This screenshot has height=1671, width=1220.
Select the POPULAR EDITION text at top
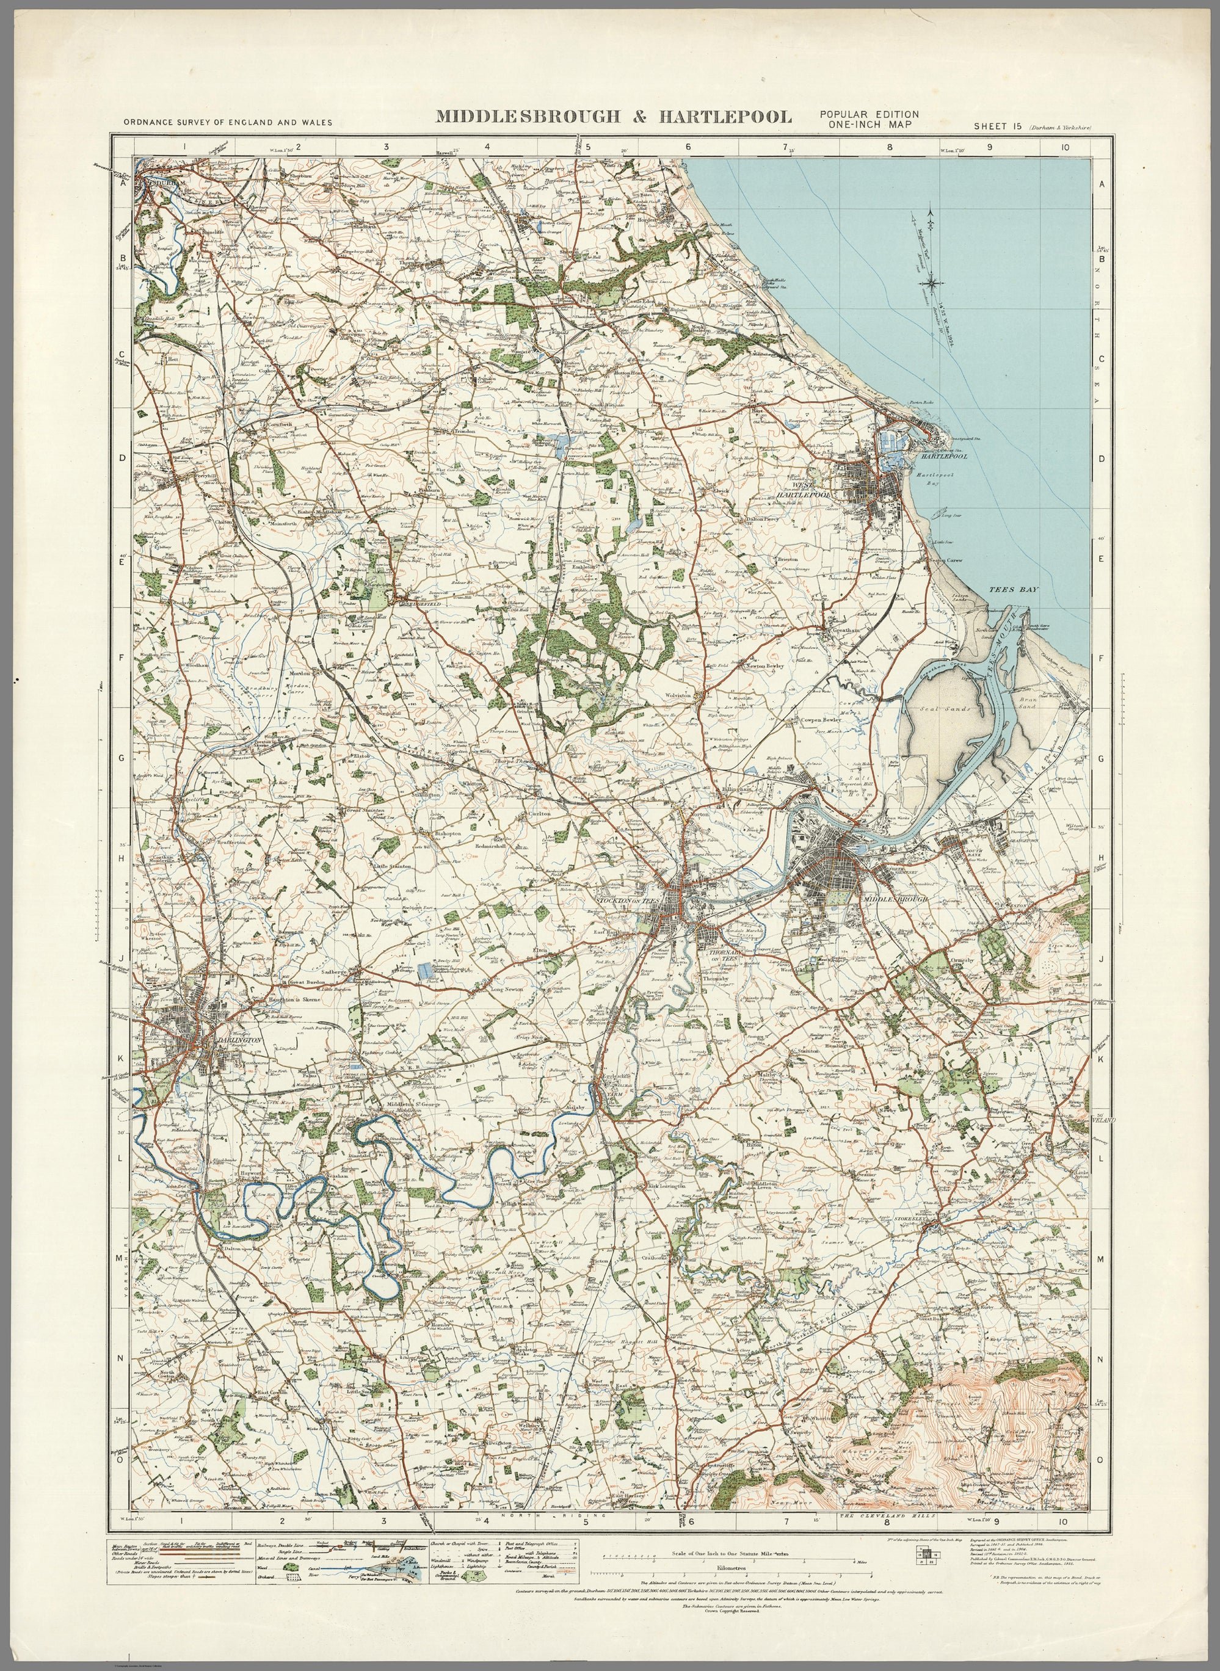pyautogui.click(x=868, y=114)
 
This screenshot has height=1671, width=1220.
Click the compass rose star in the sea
pyautogui.click(x=934, y=279)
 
